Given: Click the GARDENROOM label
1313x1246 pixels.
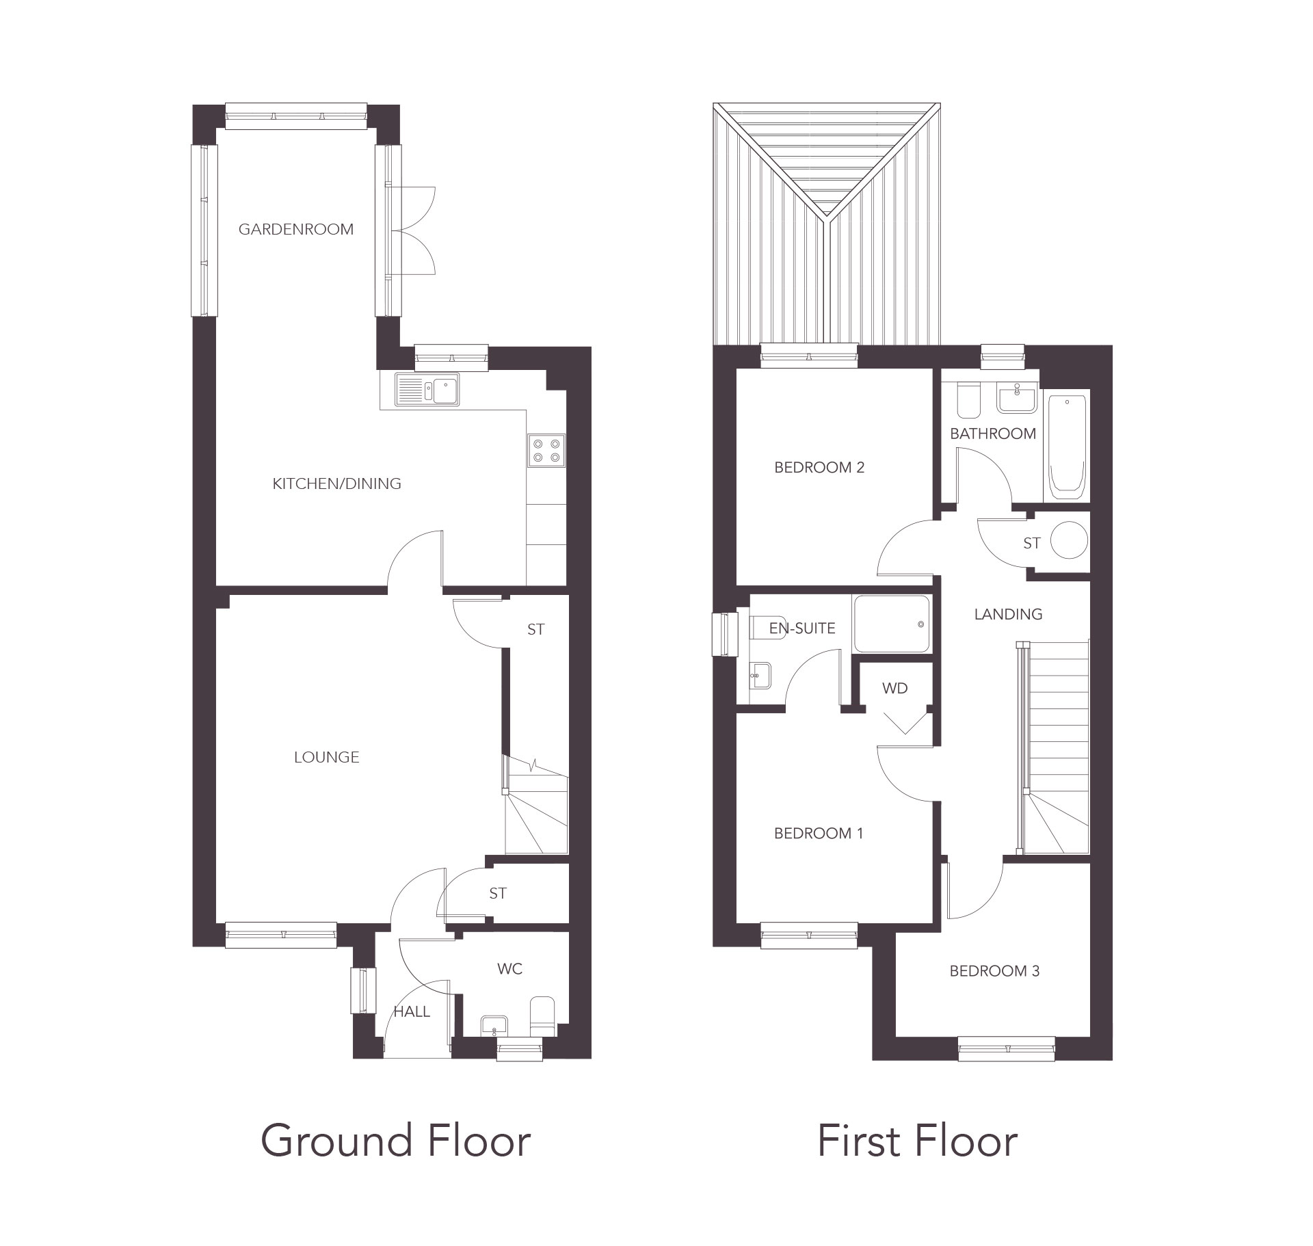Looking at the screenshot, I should (295, 229).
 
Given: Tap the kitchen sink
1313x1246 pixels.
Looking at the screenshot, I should (427, 390).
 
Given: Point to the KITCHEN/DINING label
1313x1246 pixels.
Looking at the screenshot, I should (336, 483).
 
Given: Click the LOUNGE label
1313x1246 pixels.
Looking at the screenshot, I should (326, 757).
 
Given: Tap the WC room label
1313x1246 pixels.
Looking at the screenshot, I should (510, 968).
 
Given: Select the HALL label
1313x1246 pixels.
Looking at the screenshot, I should (412, 1011).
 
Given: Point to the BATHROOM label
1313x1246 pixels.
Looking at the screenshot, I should (993, 434).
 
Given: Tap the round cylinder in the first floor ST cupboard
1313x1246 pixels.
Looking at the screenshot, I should (1068, 541).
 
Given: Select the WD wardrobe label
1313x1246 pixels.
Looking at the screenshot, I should (894, 688).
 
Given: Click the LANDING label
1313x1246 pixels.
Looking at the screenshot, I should (1008, 614).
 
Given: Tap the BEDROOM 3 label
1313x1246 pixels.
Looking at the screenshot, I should (994, 971).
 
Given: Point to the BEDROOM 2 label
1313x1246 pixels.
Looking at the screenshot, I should (819, 468).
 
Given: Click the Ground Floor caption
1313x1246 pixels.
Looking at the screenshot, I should (395, 1141).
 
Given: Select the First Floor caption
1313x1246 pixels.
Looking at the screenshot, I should (917, 1141).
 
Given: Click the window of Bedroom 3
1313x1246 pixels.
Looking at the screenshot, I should (1006, 1048).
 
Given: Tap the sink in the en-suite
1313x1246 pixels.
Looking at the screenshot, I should (760, 676).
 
